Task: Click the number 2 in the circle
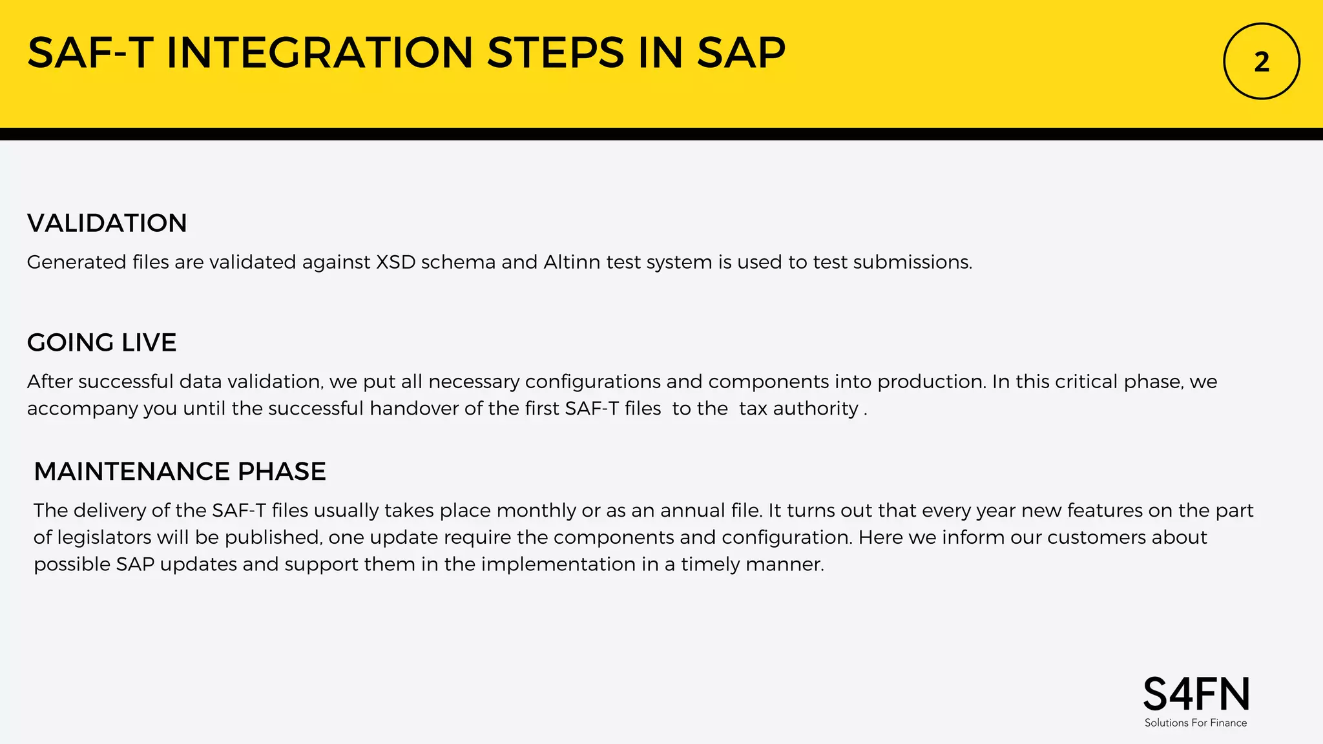tap(1261, 62)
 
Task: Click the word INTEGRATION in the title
tap(320, 53)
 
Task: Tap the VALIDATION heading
tap(107, 223)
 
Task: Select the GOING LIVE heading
tap(101, 343)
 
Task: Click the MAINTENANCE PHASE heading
tap(180, 472)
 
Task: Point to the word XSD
tap(395, 262)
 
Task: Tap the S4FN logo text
tap(1196, 695)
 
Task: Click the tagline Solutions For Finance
tap(1196, 723)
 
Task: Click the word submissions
tap(912, 262)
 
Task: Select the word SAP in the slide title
tap(741, 53)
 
